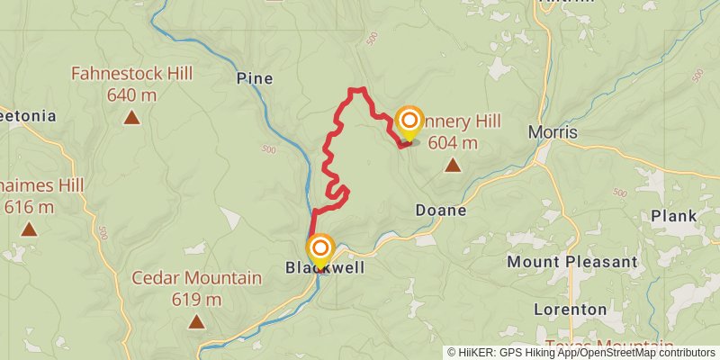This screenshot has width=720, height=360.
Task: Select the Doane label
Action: coord(441,211)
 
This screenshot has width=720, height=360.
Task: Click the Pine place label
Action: coord(254,79)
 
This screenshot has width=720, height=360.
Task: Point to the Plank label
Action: coord(674,217)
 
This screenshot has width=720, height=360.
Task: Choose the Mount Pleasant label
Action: coord(571,262)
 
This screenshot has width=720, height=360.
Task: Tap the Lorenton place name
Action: coord(570,309)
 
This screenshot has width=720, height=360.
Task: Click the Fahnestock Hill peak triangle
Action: coord(132,117)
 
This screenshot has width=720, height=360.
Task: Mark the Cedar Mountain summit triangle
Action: coord(196,321)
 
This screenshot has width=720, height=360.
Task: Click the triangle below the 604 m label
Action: coord(452,165)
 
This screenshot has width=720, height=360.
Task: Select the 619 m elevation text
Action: coord(196,299)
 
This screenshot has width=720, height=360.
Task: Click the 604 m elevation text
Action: coord(454,142)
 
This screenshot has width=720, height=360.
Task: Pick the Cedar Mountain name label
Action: coord(196,278)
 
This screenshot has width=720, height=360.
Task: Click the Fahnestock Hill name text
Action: coord(132,73)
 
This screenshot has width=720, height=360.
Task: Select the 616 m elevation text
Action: coord(29,207)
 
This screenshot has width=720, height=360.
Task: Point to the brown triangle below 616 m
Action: coord(30,229)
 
